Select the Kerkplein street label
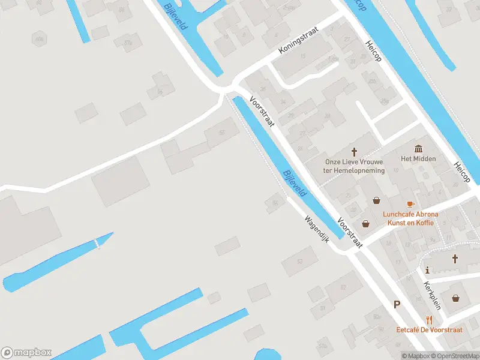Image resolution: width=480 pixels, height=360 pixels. point(432,295)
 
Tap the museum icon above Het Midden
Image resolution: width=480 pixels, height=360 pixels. point(418,148)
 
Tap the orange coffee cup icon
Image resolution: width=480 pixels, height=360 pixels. point(410,204)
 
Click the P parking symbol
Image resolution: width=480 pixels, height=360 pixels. point(397,305)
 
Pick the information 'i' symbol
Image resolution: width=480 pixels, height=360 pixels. point(428,269)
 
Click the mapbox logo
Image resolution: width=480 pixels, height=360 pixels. point(26,353)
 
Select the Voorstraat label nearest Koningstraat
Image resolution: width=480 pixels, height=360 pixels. point(262,112)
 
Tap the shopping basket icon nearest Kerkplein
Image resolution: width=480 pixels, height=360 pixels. point(457,298)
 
